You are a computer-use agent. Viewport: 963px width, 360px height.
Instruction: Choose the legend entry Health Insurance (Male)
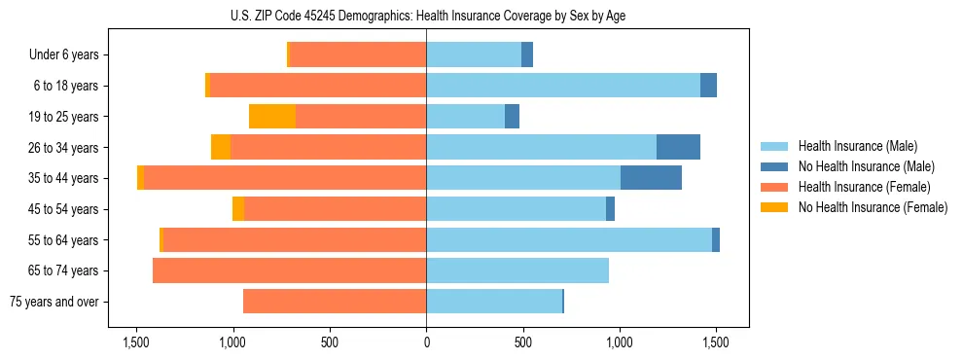coord(857,146)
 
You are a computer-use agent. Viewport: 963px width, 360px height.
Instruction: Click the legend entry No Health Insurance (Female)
coord(873,207)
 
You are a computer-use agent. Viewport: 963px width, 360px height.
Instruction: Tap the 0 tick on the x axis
coord(426,342)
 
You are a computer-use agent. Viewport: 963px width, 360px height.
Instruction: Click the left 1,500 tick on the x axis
coord(135,342)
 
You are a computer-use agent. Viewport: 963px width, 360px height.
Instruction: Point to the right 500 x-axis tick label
coord(522,342)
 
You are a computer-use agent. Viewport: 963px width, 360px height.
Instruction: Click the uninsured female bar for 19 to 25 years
coord(272,117)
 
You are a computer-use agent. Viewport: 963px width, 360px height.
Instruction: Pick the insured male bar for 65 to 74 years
coord(517,270)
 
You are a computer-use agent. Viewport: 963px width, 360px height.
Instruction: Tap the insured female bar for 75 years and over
coord(335,302)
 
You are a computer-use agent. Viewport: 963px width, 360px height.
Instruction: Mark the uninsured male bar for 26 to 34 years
coord(678,147)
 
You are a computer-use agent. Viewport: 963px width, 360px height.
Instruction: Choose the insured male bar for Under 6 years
coord(474,55)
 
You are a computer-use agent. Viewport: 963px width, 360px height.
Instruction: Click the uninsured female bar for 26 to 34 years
coord(221,147)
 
